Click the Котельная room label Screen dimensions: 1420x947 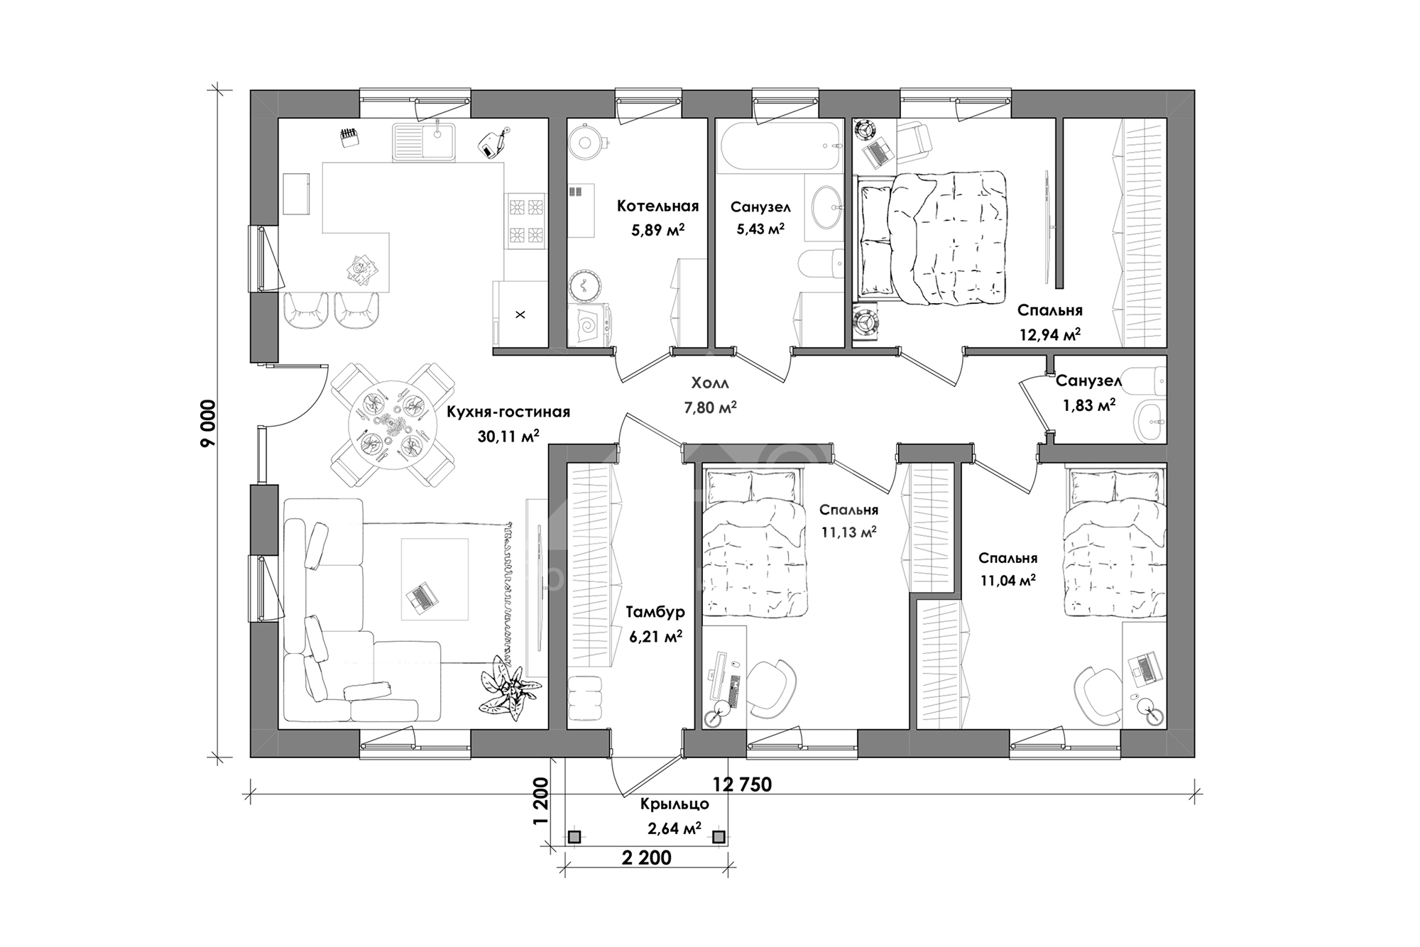[x=657, y=206]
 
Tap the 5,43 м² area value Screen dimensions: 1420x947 [x=760, y=229]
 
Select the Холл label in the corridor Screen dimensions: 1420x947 [x=710, y=383]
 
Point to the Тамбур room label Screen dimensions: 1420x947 [x=655, y=613]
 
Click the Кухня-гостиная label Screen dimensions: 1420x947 [x=508, y=412]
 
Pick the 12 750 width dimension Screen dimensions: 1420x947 [x=743, y=784]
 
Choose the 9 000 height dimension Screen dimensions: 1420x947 [x=207, y=423]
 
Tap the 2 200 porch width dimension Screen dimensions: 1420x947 [x=646, y=858]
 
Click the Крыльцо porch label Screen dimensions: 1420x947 [x=674, y=804]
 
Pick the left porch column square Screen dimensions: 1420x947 [x=574, y=838]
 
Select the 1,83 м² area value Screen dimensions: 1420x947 [x=1088, y=405]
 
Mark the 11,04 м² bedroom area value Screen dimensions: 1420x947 [x=1008, y=581]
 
